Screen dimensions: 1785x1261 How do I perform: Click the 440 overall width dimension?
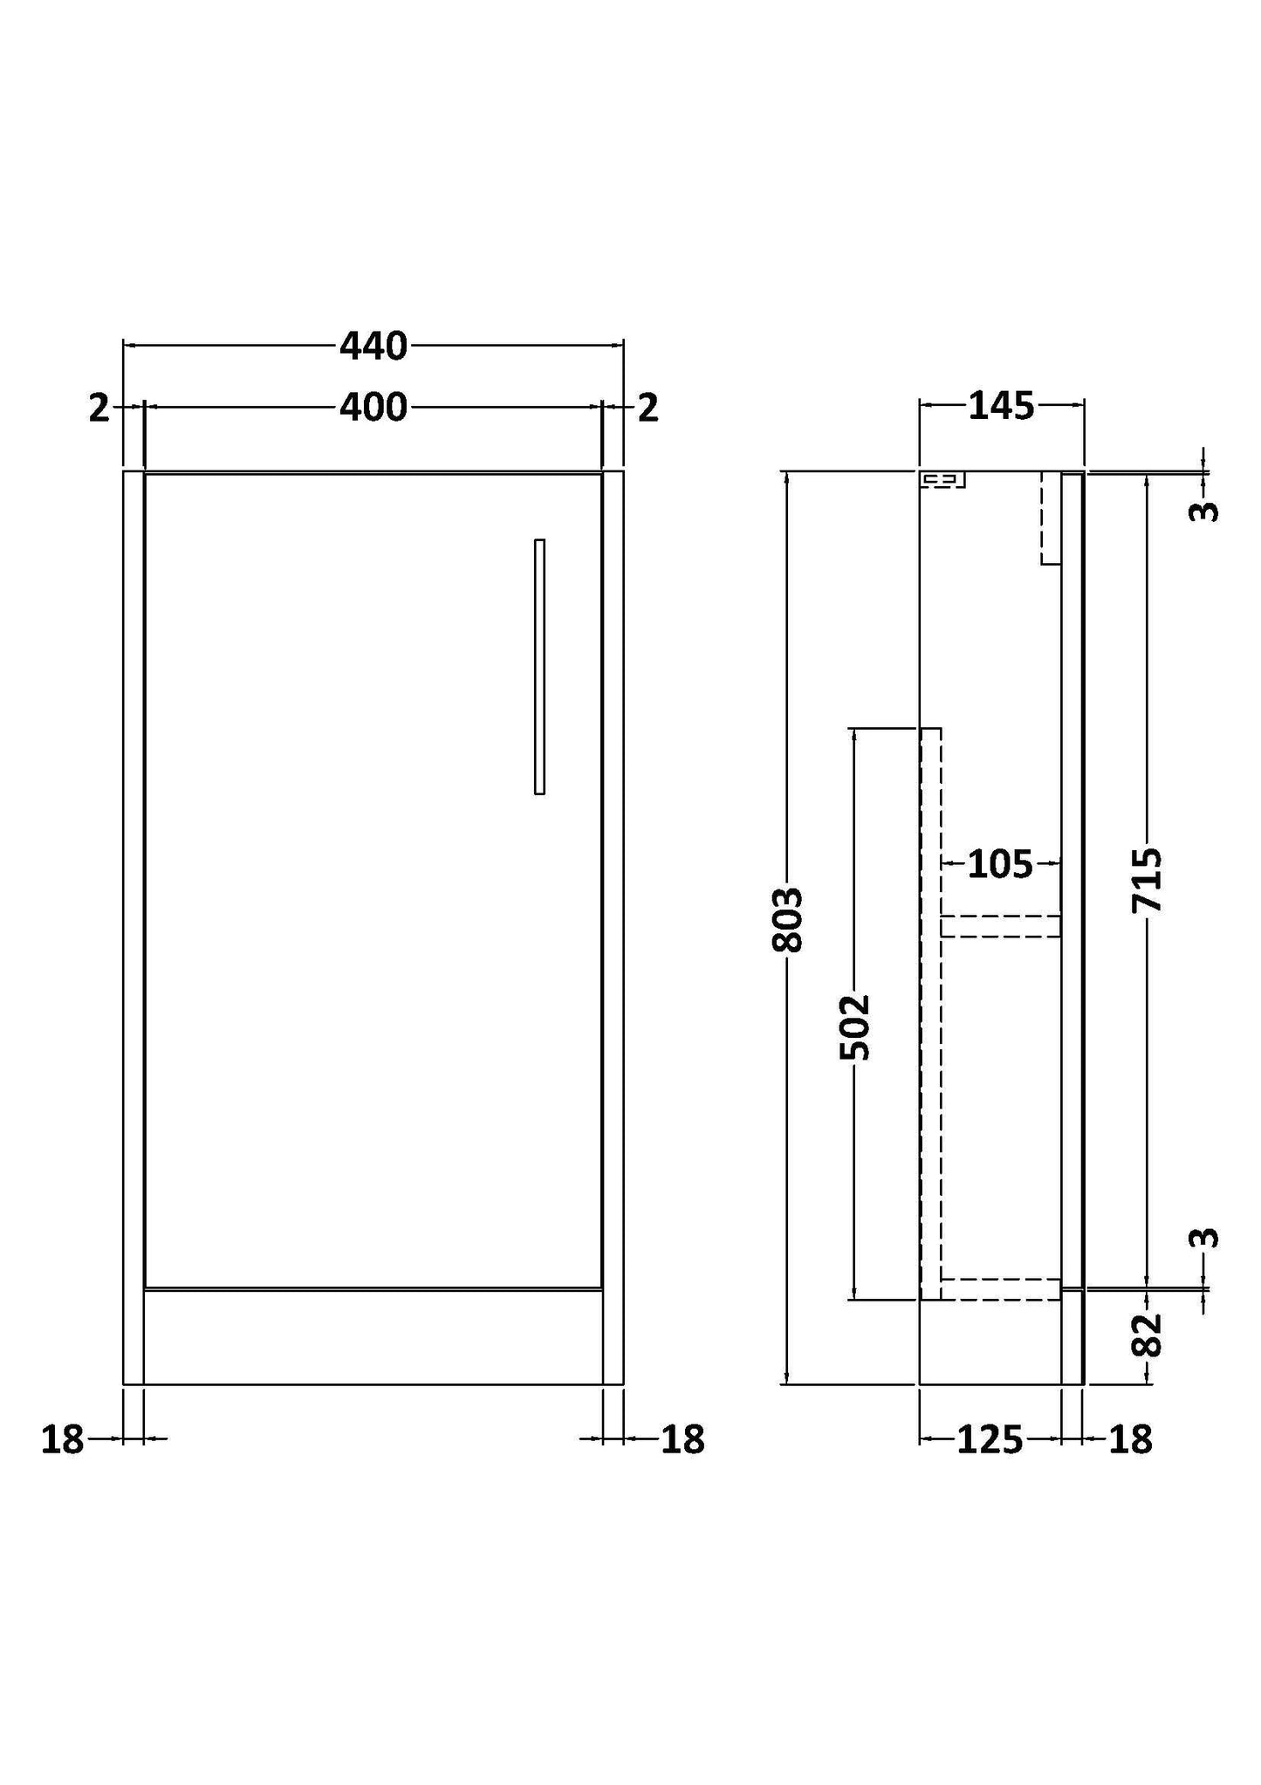[373, 347]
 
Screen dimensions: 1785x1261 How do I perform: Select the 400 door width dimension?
[373, 408]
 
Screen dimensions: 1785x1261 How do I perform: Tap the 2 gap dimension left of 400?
[99, 408]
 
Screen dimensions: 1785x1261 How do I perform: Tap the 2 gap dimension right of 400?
[648, 408]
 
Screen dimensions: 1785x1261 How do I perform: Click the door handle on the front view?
[539, 667]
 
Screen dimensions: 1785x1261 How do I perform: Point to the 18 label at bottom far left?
[62, 1439]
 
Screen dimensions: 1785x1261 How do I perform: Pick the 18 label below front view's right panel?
[682, 1439]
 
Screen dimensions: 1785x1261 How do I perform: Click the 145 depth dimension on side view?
[1001, 406]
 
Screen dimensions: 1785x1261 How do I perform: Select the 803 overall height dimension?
[788, 919]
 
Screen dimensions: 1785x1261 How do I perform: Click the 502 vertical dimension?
[855, 1027]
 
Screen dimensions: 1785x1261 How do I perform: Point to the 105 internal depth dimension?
[1000, 865]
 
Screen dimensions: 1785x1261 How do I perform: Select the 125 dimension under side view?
[990, 1439]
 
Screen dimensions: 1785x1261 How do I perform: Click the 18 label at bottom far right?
[1131, 1439]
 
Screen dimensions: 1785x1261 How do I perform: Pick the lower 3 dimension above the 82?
[1204, 1238]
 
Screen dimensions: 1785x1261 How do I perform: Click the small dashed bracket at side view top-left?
[943, 479]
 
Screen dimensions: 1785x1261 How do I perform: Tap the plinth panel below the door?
[373, 1336]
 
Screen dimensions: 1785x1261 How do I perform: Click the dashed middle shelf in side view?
[1000, 926]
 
